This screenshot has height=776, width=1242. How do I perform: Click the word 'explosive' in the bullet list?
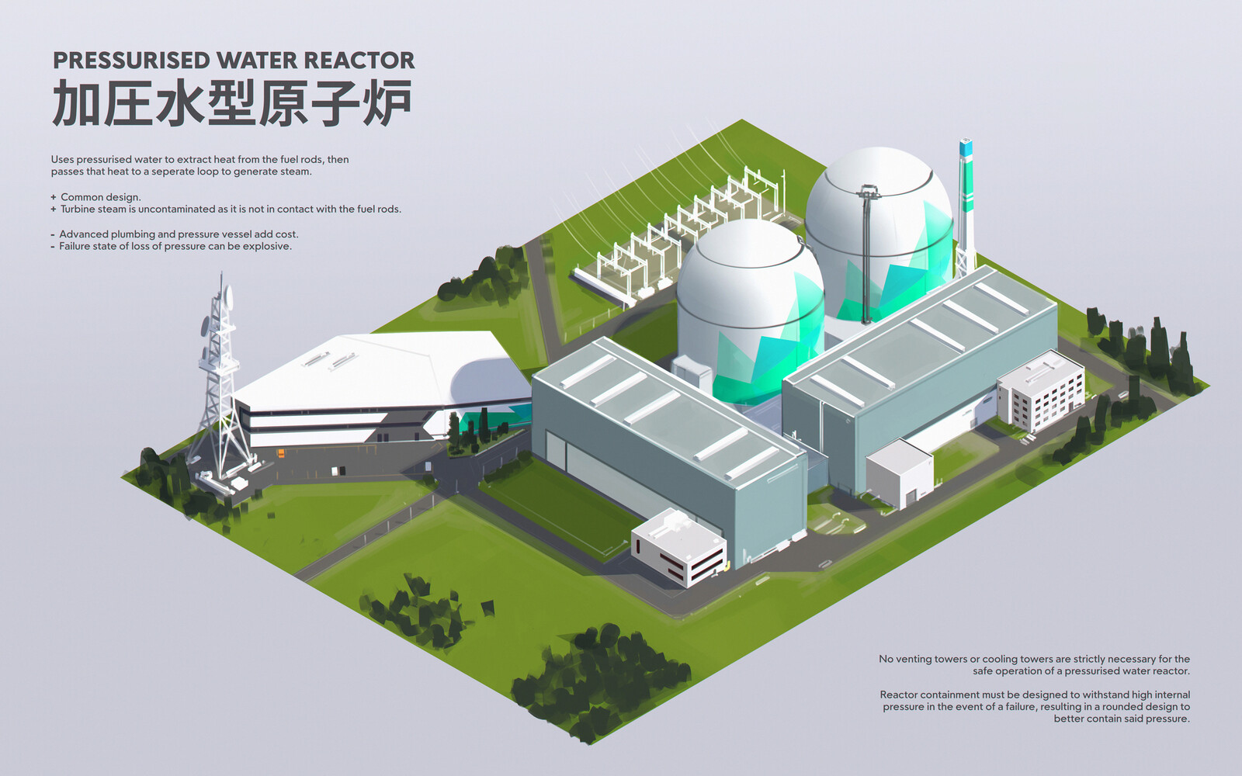(x=269, y=246)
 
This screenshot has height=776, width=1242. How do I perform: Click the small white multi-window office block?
(x=1041, y=391)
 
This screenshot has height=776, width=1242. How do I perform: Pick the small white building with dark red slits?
(x=678, y=547)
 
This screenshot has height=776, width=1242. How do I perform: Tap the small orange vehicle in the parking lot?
(x=281, y=453)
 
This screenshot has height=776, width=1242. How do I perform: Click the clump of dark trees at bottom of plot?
(x=598, y=682)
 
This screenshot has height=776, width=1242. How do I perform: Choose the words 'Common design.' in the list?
(x=100, y=197)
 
